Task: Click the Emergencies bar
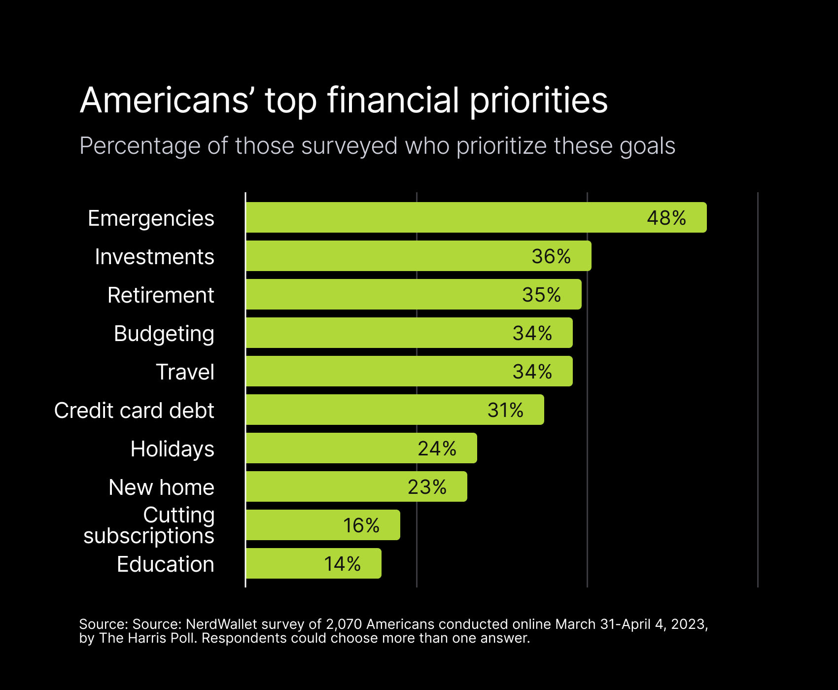(444, 217)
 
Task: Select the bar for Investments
(384, 256)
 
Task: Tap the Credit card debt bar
(365, 410)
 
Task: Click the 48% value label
(666, 218)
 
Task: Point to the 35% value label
(541, 295)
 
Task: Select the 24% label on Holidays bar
(437, 448)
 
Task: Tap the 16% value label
(361, 525)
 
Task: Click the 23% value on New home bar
(427, 487)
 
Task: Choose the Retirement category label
(161, 295)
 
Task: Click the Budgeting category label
(164, 334)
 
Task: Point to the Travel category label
(185, 372)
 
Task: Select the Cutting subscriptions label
(149, 525)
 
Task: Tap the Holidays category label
(172, 449)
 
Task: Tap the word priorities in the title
(538, 101)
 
